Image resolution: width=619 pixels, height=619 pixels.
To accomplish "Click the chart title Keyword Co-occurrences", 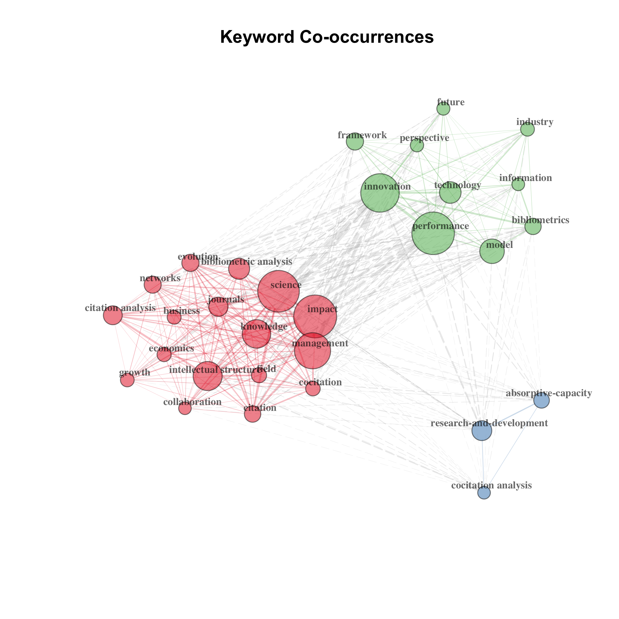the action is [327, 37].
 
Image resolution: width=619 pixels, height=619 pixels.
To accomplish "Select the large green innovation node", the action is [380, 193].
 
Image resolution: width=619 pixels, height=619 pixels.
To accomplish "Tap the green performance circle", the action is [433, 233].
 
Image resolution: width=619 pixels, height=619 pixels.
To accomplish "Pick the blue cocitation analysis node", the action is [484, 493].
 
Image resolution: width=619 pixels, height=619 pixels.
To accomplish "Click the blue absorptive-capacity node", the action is [541, 400].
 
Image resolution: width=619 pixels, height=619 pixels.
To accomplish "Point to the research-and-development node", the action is [482, 431].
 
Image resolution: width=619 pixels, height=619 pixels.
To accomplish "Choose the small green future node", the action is [443, 108].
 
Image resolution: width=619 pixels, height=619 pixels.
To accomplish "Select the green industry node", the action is [527, 129].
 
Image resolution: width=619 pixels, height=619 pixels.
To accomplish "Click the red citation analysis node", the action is [113, 315].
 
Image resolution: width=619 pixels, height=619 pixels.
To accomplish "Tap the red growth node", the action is [127, 380].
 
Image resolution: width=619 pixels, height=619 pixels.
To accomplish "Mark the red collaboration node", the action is [185, 408].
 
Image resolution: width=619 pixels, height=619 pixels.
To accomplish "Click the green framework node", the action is [355, 141].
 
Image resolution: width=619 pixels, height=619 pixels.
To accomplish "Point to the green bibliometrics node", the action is [533, 227].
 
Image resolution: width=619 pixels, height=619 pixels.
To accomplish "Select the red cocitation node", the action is [313, 389].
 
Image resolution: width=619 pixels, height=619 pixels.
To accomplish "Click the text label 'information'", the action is [526, 178].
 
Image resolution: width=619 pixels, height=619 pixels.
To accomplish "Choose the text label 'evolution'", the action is [198, 257].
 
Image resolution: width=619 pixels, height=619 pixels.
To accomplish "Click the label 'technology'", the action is [457, 185].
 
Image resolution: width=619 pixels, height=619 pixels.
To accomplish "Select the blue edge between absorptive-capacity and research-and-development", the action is [512, 416].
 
